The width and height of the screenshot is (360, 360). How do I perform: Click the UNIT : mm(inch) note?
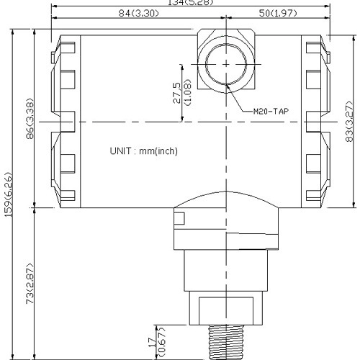143,151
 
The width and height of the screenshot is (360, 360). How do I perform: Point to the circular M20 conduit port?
226,63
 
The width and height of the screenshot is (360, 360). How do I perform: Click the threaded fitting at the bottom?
227,342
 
